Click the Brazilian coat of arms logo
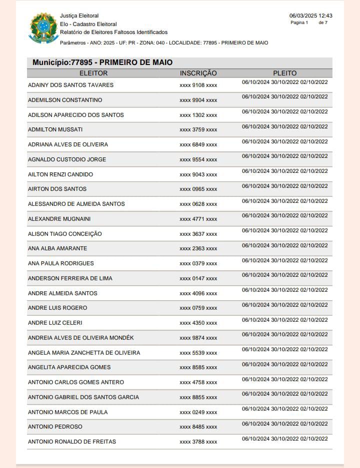tap(44, 28)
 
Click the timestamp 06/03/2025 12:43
tap(310, 15)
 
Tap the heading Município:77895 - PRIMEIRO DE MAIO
tap(102, 62)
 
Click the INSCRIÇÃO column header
tap(198, 73)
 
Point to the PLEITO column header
tap(285, 73)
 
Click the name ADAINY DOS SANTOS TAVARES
tap(70, 85)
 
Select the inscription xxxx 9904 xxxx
tap(198, 100)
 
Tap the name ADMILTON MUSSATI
tap(55, 130)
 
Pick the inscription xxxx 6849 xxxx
tap(198, 145)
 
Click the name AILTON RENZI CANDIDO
tap(60, 174)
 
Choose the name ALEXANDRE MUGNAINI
tap(59, 219)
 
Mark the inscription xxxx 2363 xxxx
tap(198, 249)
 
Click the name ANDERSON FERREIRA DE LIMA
tap(70, 278)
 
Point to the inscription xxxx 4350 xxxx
tap(198, 323)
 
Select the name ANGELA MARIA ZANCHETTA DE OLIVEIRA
tap(84, 353)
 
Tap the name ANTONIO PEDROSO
tap(55, 427)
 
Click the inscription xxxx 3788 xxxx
tap(198, 442)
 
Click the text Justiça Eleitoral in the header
tap(79, 16)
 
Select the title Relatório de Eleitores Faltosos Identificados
tap(114, 32)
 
